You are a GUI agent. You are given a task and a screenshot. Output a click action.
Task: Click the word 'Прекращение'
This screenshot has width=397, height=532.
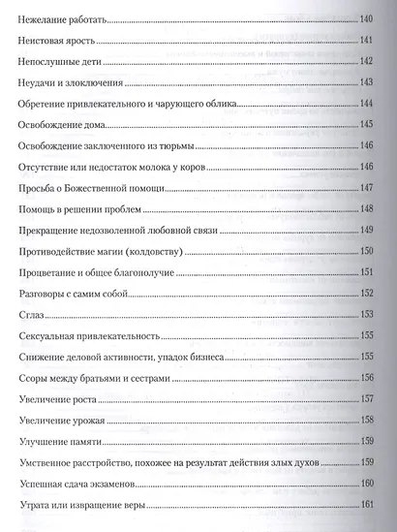click(x=52, y=229)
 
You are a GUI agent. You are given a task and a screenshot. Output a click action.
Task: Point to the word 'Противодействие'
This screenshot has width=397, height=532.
click(x=60, y=250)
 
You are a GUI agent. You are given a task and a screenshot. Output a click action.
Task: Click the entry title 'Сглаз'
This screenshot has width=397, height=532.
click(x=31, y=314)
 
